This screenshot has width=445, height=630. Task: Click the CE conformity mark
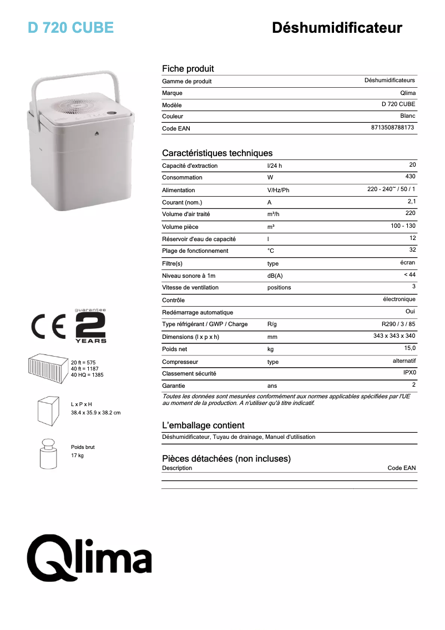[48, 328]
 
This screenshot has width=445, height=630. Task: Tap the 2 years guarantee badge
[90, 327]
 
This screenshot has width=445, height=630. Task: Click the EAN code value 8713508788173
[392, 128]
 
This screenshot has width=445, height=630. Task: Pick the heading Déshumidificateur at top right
[337, 28]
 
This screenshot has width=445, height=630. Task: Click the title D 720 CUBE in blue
[70, 28]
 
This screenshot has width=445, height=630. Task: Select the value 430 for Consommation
[410, 177]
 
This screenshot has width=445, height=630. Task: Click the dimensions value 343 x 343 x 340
[394, 336]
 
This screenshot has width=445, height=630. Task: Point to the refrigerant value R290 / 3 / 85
[398, 323]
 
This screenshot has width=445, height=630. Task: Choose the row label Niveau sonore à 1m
[189, 276]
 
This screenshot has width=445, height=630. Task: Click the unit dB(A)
[275, 276]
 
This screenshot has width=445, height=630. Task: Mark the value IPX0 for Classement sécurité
[409, 372]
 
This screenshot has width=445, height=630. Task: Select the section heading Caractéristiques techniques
[217, 153]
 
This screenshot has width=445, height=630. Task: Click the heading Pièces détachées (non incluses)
[226, 459]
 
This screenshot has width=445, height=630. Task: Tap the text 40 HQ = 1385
[87, 375]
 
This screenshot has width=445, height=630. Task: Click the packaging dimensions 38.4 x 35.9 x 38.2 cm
[95, 413]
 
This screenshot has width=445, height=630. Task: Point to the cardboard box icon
[48, 411]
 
